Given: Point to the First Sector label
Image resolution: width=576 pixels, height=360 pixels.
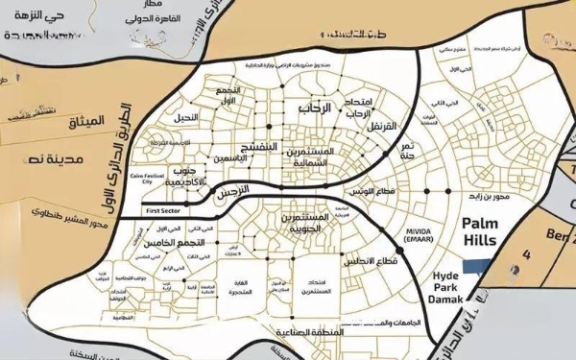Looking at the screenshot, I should tap(162, 208).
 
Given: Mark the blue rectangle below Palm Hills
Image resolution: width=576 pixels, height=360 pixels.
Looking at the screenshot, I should tap(477, 268).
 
